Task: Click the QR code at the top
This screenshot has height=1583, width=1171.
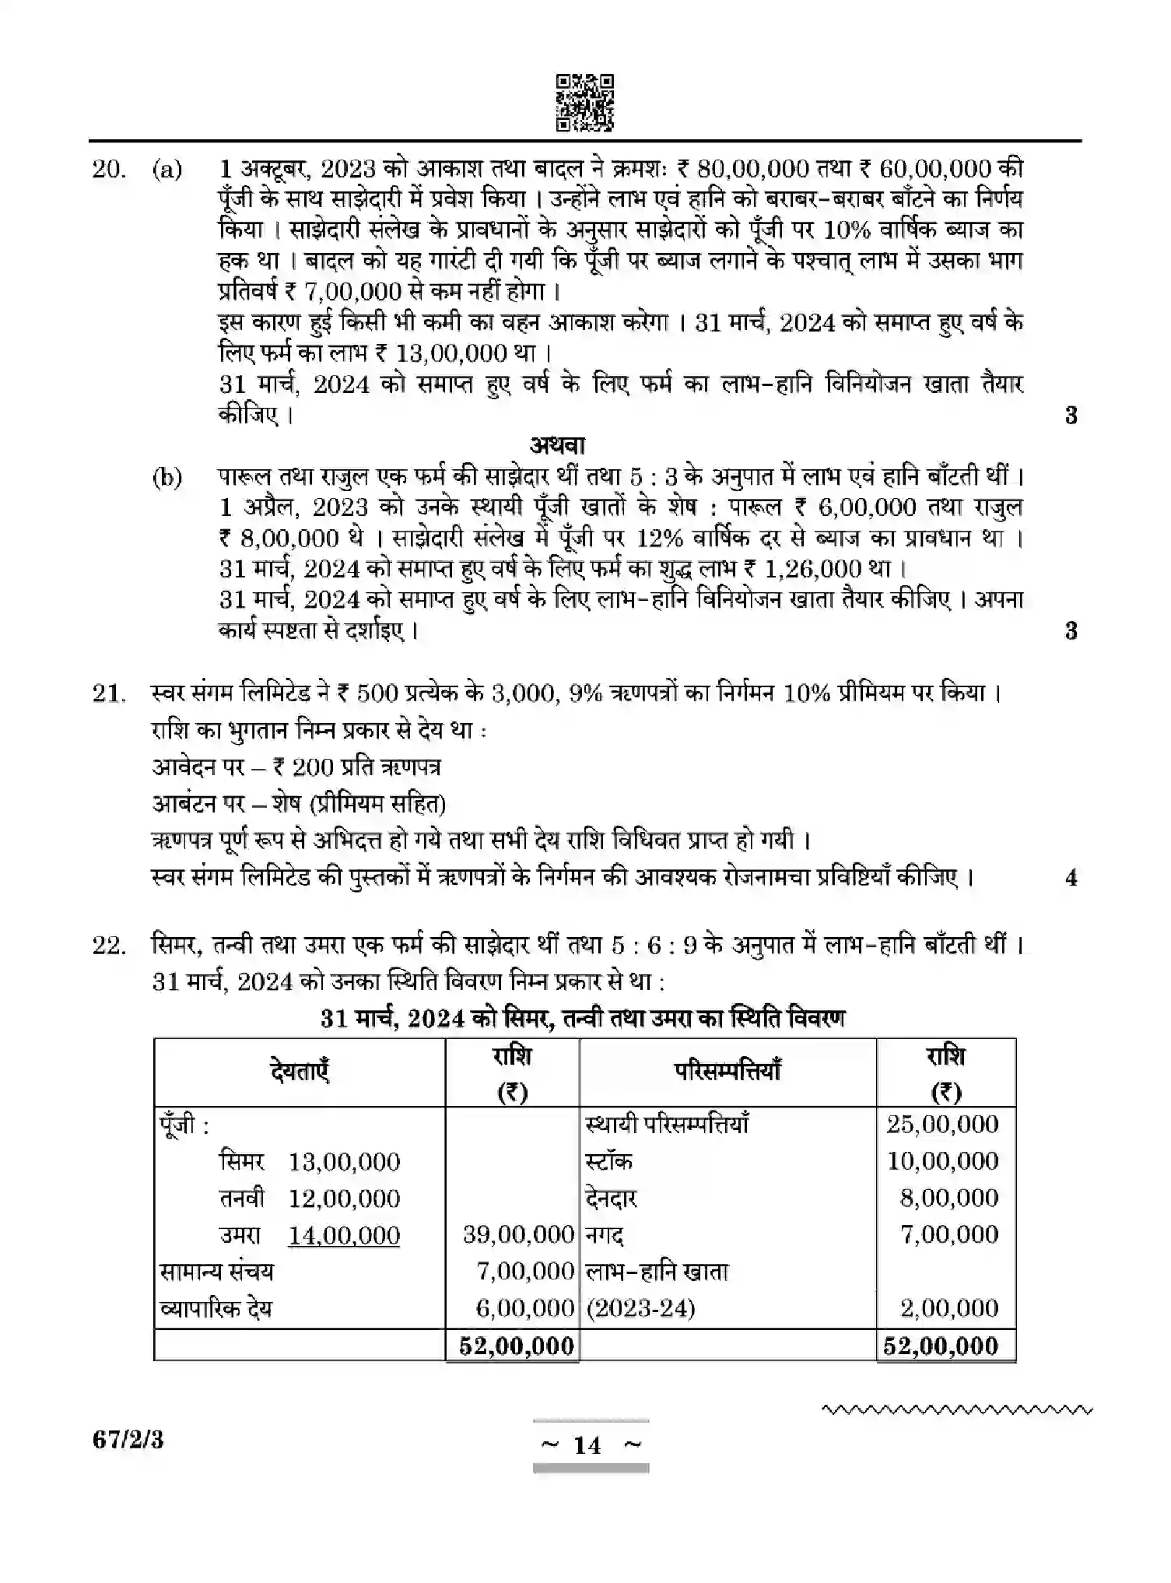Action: pyautogui.click(x=584, y=102)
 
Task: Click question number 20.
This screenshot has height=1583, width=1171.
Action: pyautogui.click(x=109, y=169)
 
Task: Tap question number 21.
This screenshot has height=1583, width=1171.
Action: pyautogui.click(x=109, y=693)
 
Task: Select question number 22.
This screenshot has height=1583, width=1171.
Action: pyautogui.click(x=109, y=946)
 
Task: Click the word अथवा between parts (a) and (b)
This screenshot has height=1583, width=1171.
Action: pyautogui.click(x=557, y=445)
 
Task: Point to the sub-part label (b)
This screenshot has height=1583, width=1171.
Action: pyautogui.click(x=167, y=476)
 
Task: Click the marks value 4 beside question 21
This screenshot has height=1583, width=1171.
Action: pyautogui.click(x=1071, y=878)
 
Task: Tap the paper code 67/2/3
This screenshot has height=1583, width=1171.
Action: pyautogui.click(x=128, y=1440)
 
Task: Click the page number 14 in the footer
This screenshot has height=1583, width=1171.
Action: pyautogui.click(x=587, y=1445)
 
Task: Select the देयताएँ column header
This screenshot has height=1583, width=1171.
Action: pyautogui.click(x=300, y=1072)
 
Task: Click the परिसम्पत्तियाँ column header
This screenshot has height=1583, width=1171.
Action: pyautogui.click(x=727, y=1072)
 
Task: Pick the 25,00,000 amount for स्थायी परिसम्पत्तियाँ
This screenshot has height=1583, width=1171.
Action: pyautogui.click(x=942, y=1124)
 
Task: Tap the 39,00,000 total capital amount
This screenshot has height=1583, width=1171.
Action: pyautogui.click(x=518, y=1234)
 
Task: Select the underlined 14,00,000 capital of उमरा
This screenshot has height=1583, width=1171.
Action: pyautogui.click(x=344, y=1235)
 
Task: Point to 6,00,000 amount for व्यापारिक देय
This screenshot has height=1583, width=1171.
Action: pyautogui.click(x=524, y=1308)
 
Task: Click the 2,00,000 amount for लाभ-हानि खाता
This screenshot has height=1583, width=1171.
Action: pyautogui.click(x=949, y=1308)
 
